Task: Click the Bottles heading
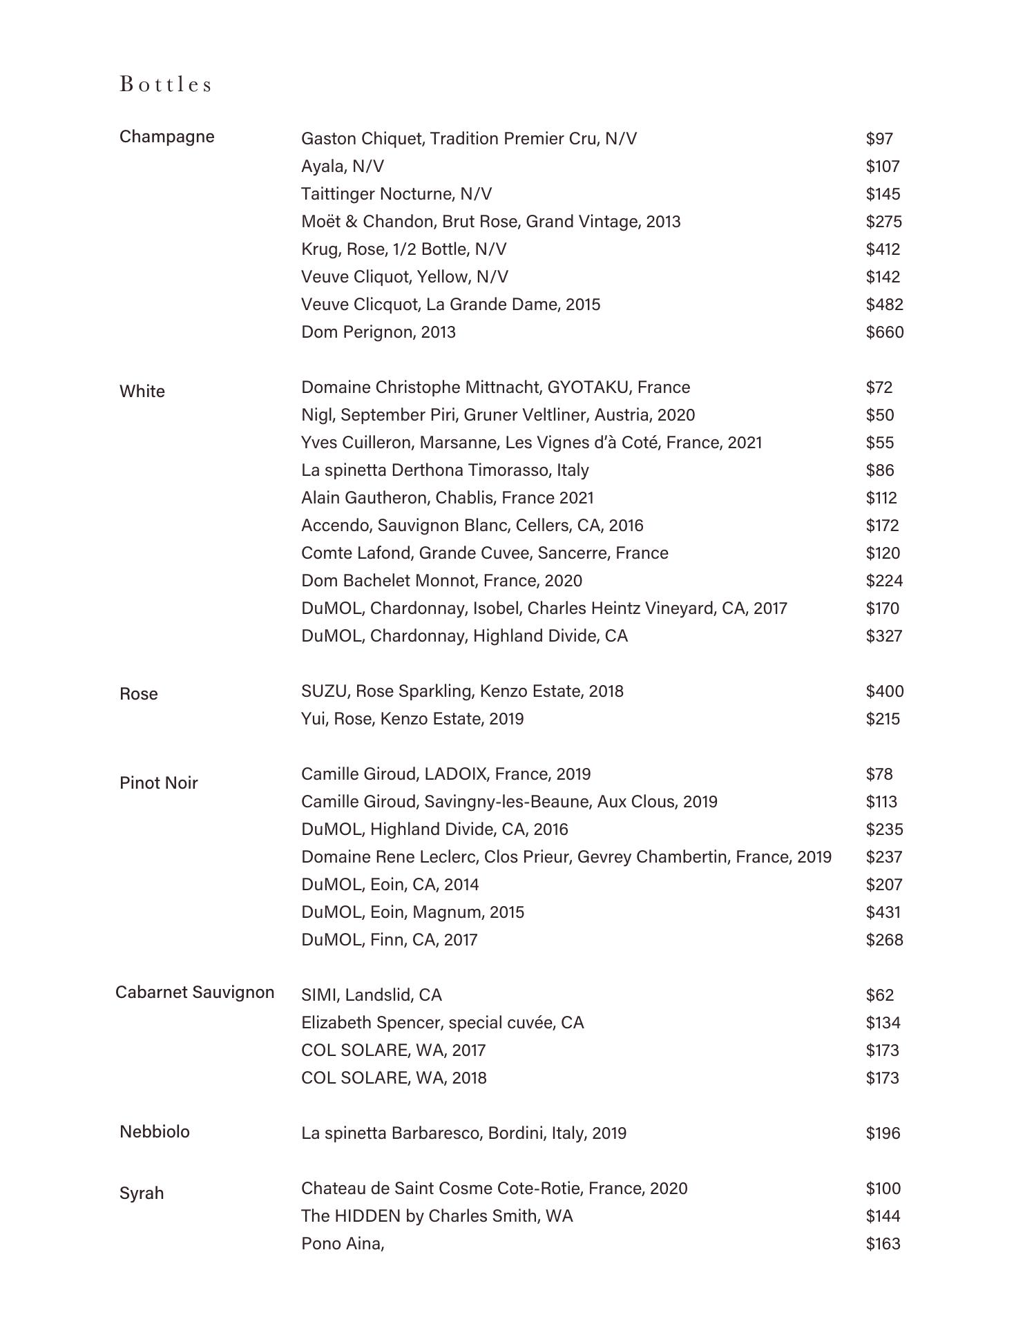[166, 84]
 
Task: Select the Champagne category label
[166, 137]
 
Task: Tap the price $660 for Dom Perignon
[884, 332]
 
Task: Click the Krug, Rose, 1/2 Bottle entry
[403, 249]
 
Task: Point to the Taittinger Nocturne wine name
[396, 194]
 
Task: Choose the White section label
[142, 392]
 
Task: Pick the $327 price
[883, 636]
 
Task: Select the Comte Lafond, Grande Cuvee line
[484, 553]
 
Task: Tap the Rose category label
[138, 694]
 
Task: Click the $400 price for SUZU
[884, 691]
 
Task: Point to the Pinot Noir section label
[158, 783]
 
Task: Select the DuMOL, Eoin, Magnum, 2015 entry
[412, 912]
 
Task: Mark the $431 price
[883, 912]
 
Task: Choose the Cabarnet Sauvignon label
[195, 992]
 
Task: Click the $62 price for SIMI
[879, 995]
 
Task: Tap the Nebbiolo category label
[154, 1132]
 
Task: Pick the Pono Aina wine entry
[342, 1244]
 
